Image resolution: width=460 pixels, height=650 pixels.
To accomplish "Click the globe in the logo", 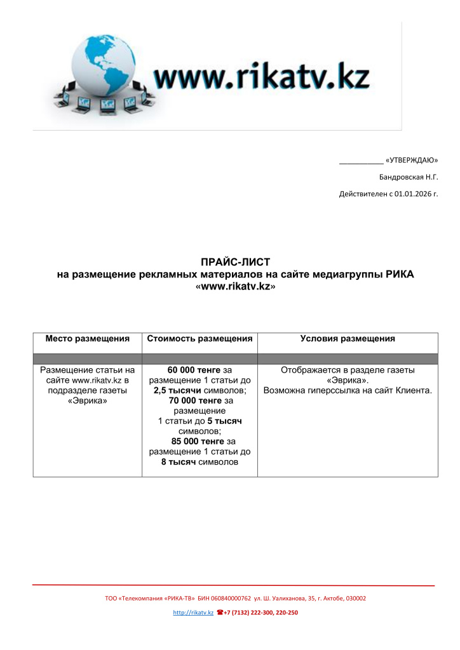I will coord(105,67).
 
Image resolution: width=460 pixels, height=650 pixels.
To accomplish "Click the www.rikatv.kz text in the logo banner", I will coord(261,77).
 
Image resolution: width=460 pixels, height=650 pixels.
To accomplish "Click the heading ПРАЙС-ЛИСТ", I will coord(235,262).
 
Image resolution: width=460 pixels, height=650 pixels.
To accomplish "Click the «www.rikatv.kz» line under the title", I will coord(235,286).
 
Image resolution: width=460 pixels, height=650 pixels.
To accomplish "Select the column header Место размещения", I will coord(87,339).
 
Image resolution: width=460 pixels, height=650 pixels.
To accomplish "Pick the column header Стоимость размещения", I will coord(200,339).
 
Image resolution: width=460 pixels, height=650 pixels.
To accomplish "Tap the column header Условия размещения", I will coord(348,339).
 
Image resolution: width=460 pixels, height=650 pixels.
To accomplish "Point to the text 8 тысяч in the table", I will coord(179,462).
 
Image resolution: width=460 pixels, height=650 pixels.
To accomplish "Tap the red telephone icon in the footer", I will coord(220,613).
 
